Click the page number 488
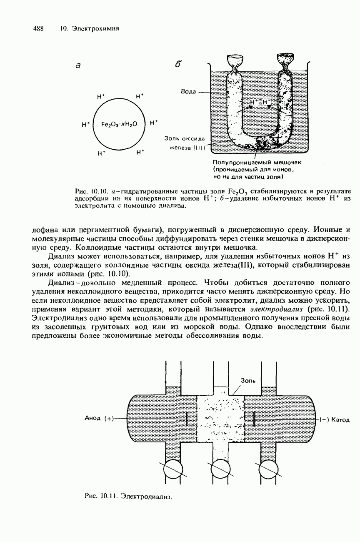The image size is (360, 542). pyautogui.click(x=38, y=29)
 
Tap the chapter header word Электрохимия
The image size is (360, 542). pyautogui.click(x=95, y=29)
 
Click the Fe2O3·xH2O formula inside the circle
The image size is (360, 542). pyautogui.click(x=119, y=124)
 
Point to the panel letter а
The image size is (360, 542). pyautogui.click(x=78, y=65)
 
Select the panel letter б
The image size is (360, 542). pyautogui.click(x=178, y=65)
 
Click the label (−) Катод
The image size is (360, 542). pyautogui.click(x=335, y=419)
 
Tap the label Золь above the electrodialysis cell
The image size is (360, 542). pyautogui.click(x=248, y=380)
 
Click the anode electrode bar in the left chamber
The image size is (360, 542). pyautogui.click(x=187, y=419)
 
